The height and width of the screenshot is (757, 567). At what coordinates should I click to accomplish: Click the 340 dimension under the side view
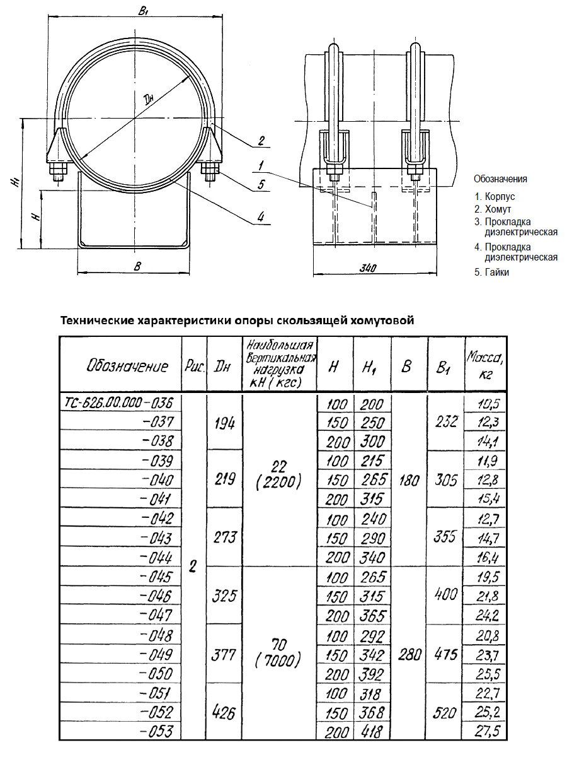(x=370, y=268)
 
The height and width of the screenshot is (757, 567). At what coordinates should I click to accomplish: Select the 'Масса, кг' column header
(x=482, y=365)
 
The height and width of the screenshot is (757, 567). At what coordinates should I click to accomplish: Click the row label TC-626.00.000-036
(x=119, y=402)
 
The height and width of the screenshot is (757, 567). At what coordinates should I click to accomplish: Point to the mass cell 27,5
(x=483, y=732)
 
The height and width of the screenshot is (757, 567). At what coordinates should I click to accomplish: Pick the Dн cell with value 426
(x=224, y=713)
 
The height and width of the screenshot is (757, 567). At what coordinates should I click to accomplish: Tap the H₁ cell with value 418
(x=372, y=732)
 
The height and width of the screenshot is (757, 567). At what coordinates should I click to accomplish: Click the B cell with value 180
(x=409, y=480)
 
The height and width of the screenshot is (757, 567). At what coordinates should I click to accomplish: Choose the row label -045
(x=157, y=577)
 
